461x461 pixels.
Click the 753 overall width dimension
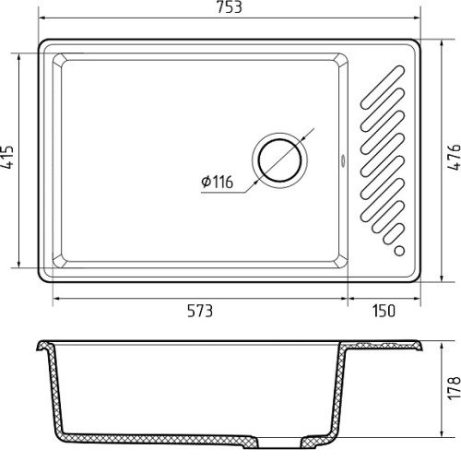point(230,7)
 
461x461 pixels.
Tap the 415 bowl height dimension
point(7,157)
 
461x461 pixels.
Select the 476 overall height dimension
point(454,157)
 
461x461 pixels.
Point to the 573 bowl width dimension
point(200,311)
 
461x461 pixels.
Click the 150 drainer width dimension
point(384,311)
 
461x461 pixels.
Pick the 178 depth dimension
point(454,388)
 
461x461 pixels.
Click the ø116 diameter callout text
point(218,182)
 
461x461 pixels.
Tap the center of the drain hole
point(279,160)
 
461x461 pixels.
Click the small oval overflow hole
point(343,160)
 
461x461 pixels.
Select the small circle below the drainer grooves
point(399,251)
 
